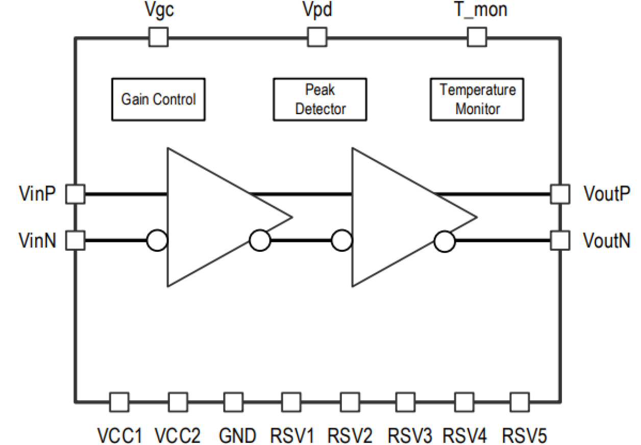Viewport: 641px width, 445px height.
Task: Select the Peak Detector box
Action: [x=320, y=99]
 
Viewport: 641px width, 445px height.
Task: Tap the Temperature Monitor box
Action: [x=478, y=99]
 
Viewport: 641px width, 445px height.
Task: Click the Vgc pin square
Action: [x=158, y=37]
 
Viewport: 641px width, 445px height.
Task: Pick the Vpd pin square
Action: [x=316, y=37]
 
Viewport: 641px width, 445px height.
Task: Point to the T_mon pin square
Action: [x=477, y=37]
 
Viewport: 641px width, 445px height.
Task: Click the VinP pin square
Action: [x=76, y=194]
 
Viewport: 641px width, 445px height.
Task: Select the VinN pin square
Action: [x=76, y=239]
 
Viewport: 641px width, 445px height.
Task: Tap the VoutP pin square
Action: [x=560, y=194]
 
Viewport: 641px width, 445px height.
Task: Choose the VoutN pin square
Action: [x=560, y=239]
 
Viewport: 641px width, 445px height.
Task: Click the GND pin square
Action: [x=234, y=402]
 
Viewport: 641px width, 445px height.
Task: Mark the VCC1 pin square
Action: [x=120, y=402]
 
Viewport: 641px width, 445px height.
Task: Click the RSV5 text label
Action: [x=525, y=436]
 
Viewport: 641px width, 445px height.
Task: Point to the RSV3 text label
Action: [x=410, y=436]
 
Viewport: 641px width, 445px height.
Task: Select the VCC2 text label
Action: [x=178, y=436]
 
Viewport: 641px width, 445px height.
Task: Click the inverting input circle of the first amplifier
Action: [x=157, y=240]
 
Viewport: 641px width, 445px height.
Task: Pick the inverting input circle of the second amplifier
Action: [x=341, y=240]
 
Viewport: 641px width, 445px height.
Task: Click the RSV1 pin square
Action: [x=291, y=402]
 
